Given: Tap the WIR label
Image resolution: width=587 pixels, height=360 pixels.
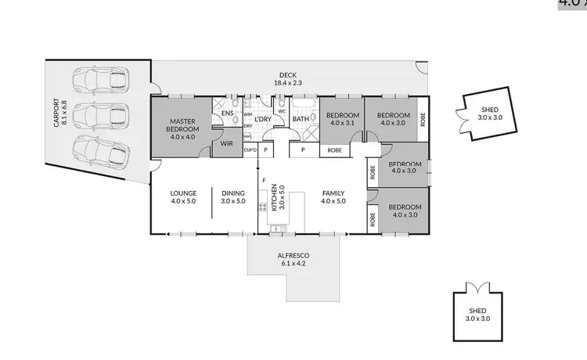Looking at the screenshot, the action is (x=228, y=143).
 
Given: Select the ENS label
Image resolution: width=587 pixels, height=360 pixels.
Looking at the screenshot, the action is (x=227, y=114).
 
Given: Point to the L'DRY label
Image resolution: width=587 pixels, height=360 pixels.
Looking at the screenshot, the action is (x=262, y=119).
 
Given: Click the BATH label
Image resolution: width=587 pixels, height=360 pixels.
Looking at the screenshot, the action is (x=301, y=119).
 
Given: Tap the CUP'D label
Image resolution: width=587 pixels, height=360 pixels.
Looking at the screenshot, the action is (x=250, y=149).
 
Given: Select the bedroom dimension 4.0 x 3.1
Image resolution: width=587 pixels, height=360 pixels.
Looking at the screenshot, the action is (x=344, y=123).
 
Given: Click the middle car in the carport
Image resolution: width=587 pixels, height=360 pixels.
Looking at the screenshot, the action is (x=99, y=115).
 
